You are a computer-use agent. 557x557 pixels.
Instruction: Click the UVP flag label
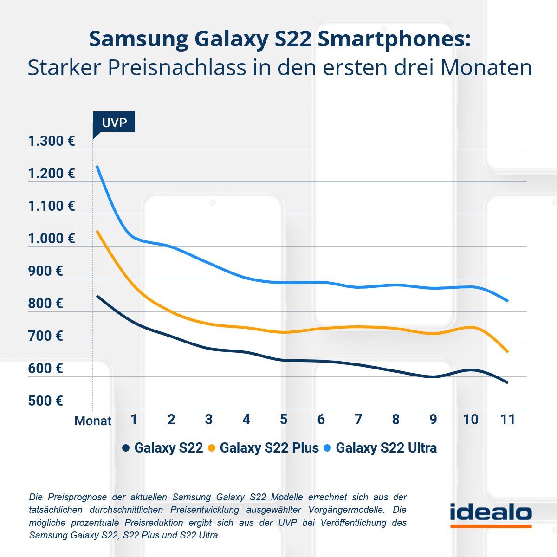coord(114,122)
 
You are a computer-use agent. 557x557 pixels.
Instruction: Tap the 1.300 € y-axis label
coord(51,141)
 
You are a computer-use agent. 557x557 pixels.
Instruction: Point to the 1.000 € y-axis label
coord(51,239)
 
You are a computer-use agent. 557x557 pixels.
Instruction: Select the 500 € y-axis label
coord(45,401)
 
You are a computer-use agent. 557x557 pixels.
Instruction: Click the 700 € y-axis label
coord(45,336)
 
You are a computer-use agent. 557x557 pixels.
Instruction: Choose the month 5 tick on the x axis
coord(283,420)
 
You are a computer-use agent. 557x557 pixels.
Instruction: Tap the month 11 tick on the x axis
coord(508,420)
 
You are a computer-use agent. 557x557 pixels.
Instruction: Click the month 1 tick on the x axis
coord(134,420)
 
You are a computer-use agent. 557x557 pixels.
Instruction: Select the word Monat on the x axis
coord(93,421)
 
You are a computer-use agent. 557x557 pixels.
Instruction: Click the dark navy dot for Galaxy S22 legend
coord(125,448)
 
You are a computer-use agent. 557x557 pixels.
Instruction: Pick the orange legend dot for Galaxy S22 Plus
coord(212,448)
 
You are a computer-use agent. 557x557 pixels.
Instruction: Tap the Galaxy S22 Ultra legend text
coord(386,448)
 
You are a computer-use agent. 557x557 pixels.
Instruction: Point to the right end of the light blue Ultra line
coord(508,301)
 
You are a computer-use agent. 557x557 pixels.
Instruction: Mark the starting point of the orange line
coord(97,231)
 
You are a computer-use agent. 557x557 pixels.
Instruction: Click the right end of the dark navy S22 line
coord(508,382)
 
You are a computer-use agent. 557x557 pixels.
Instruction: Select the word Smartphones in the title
coord(394,39)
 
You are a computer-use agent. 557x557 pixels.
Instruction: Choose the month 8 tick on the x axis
coord(395,420)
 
